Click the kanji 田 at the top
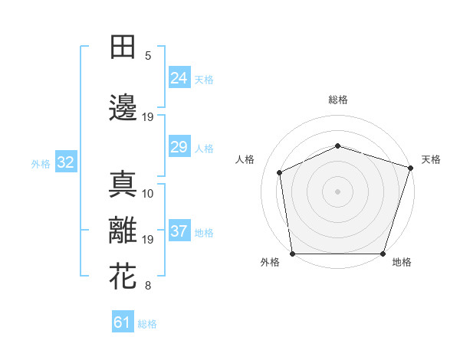point(123,47)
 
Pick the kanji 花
point(123,277)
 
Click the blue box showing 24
point(179,77)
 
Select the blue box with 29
point(179,147)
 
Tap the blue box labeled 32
point(65,162)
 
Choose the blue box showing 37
point(179,231)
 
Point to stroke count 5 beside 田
point(149,56)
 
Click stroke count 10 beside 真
point(149,194)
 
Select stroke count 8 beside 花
point(149,286)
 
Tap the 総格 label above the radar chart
point(338,100)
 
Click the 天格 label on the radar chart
point(431,159)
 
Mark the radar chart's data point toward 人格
point(280,172)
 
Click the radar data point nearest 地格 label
point(383,254)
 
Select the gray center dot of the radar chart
point(338,191)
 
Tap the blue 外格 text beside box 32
point(41,163)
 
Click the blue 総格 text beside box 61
point(147,323)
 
